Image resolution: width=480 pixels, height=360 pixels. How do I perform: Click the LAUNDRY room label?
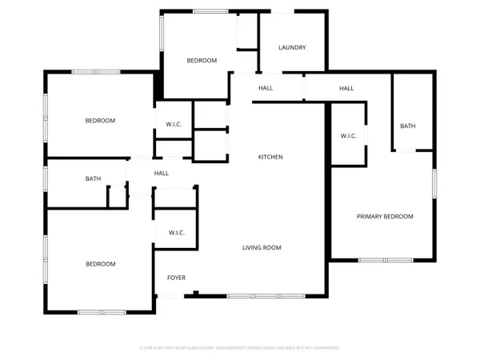292,48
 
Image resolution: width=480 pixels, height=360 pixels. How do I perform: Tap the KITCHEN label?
270,157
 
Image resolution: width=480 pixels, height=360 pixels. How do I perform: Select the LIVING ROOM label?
262,248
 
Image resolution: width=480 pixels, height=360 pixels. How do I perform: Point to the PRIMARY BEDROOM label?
385,217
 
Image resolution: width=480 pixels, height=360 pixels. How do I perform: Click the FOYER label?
176,278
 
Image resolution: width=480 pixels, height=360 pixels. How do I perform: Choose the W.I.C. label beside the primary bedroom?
348,136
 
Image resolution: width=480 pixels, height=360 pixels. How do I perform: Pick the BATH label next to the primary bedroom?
408,126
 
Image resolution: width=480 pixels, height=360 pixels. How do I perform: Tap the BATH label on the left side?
93,178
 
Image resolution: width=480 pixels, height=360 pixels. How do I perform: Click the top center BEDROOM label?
202,61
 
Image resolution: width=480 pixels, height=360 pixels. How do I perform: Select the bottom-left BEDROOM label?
101,264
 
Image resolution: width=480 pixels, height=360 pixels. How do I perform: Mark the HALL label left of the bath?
162,173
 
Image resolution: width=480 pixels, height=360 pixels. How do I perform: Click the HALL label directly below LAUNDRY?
266,88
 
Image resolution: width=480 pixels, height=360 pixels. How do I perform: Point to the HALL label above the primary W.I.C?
346,88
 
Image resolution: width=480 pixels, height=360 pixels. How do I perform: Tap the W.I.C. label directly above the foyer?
176,233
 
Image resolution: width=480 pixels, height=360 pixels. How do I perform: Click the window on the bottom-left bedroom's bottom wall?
100,311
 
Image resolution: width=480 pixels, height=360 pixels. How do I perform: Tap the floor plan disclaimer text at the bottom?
239,348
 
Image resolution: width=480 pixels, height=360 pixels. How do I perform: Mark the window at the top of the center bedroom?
207,10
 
